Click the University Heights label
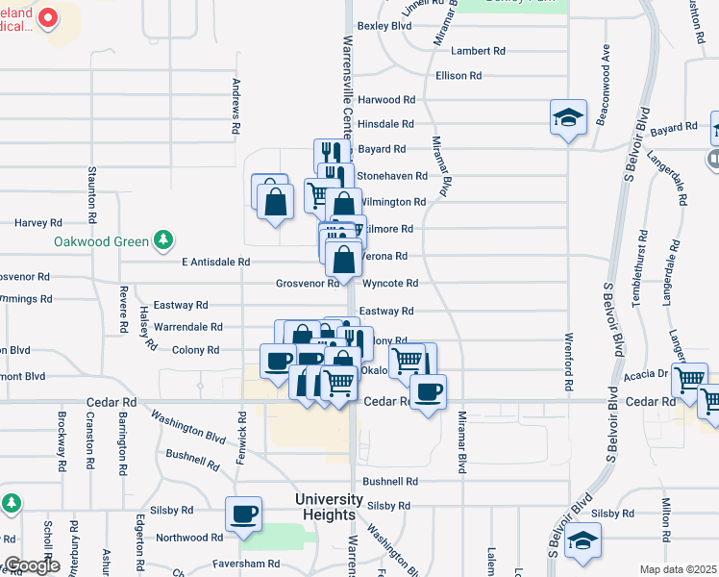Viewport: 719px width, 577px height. point(328,507)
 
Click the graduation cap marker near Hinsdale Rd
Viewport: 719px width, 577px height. point(568,118)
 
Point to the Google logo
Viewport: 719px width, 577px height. point(32,565)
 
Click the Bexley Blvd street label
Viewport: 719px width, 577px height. point(384,26)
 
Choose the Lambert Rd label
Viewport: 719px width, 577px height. point(478,51)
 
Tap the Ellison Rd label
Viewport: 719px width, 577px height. point(459,75)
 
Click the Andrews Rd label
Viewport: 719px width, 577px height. point(236,104)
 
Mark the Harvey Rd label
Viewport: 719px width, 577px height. point(38,222)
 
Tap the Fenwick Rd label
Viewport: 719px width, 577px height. point(241,433)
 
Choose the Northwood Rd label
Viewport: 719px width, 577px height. point(182,538)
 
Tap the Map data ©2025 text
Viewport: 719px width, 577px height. point(677,569)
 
